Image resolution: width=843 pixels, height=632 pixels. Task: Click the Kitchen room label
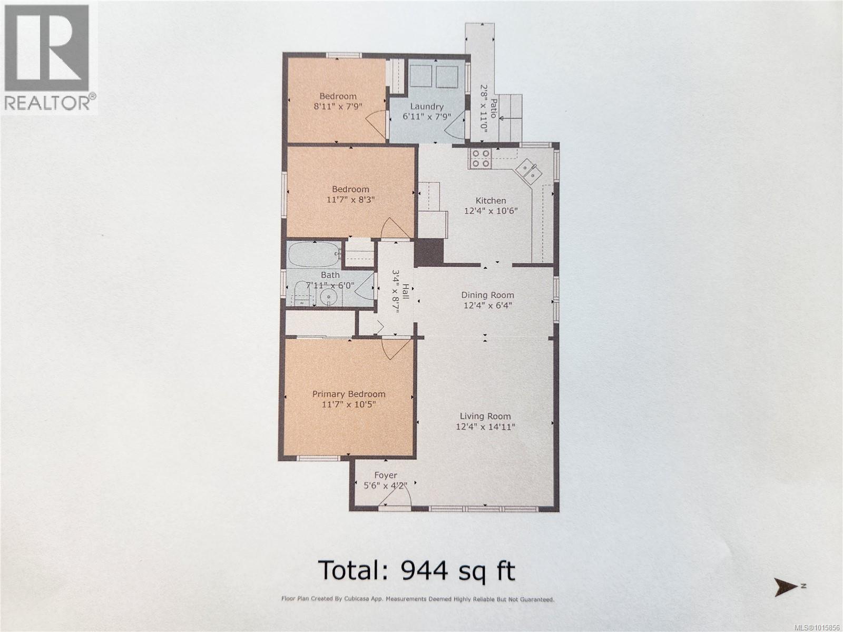(x=491, y=201)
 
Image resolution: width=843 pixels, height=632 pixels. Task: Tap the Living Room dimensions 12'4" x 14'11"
(x=485, y=427)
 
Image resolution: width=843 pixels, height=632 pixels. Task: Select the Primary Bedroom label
(x=349, y=394)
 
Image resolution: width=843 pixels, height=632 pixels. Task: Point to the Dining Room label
(x=487, y=295)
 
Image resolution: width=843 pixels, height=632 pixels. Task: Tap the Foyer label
(x=386, y=475)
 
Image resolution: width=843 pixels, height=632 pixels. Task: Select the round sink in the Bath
(x=329, y=298)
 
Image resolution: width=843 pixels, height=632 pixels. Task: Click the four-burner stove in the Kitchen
(x=481, y=158)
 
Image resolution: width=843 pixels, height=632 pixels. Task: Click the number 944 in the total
(x=424, y=570)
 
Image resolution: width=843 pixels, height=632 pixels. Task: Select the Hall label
(x=406, y=290)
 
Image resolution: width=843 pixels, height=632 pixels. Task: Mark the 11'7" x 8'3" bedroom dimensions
(x=350, y=200)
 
